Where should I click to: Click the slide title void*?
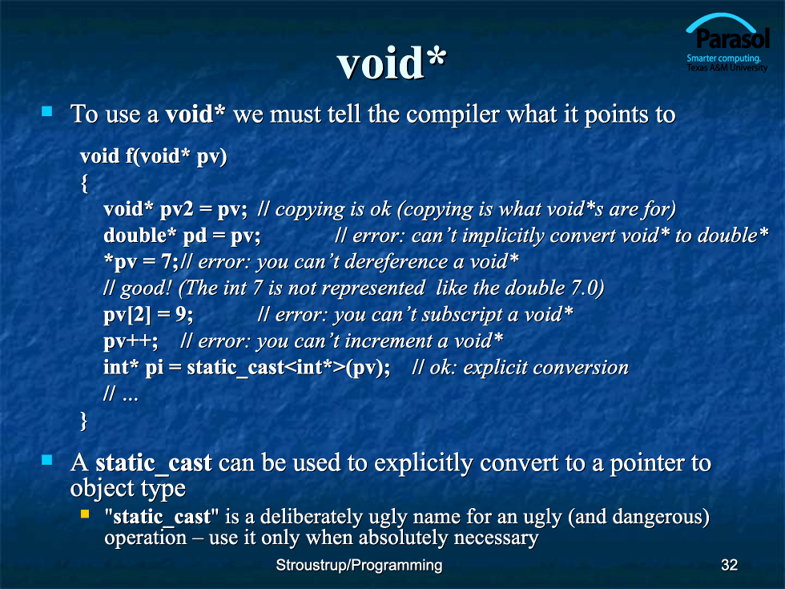(392, 63)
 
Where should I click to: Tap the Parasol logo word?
(732, 38)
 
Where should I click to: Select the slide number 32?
(729, 565)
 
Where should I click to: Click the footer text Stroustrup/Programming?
(359, 565)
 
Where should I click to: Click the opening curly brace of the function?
(85, 184)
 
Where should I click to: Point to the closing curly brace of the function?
(83, 421)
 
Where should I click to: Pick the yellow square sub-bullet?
(85, 514)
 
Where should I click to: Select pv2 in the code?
(176, 209)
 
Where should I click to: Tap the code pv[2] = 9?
(148, 315)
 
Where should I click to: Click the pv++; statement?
(131, 341)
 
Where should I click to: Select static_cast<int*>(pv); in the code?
(288, 368)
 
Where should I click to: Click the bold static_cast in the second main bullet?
(154, 463)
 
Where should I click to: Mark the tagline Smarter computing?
(723, 58)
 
